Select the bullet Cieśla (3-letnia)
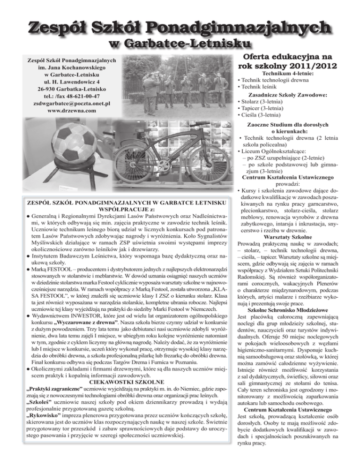261,114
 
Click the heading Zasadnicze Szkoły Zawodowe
294,94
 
